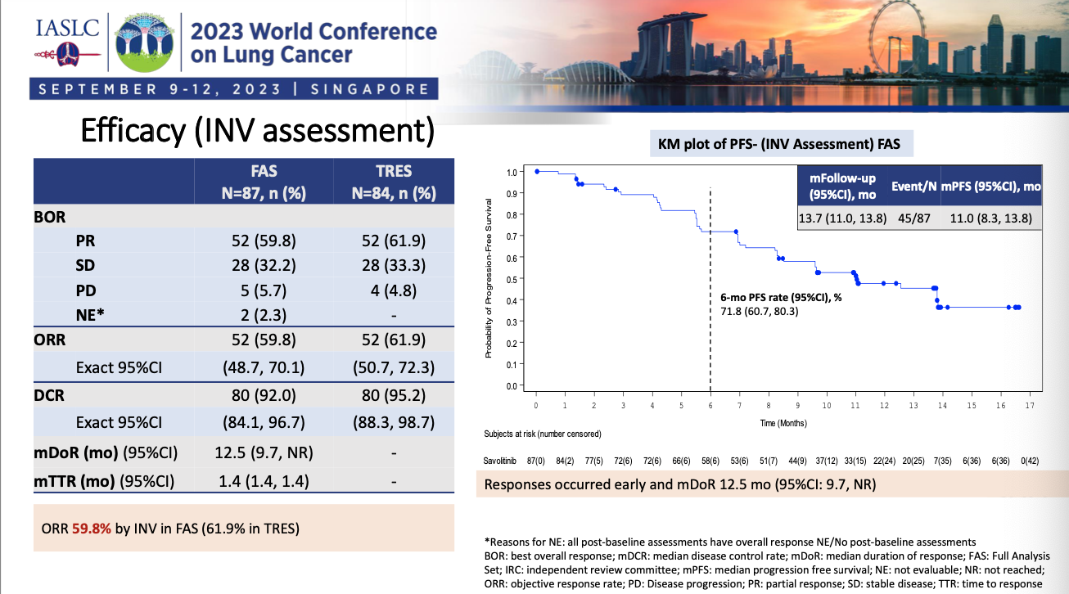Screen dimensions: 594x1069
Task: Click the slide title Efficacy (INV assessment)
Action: [255, 131]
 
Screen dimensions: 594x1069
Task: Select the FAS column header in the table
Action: [264, 182]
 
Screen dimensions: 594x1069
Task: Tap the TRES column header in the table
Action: [393, 182]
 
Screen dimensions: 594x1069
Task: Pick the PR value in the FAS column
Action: [264, 242]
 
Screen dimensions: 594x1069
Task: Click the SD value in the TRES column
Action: [393, 266]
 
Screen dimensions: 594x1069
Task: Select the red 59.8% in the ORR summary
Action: [92, 528]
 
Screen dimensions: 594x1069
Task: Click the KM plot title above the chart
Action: [779, 146]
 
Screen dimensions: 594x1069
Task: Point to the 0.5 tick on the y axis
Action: [511, 279]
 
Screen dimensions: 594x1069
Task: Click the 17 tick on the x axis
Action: [1028, 405]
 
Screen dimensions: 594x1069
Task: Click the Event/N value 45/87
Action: [913, 218]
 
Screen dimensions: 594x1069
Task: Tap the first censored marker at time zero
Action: [536, 172]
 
